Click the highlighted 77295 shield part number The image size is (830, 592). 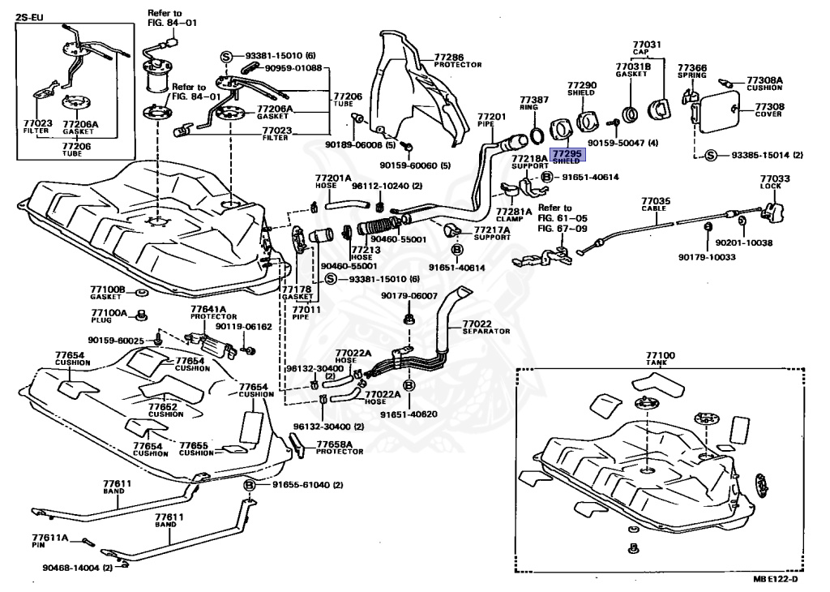coord(567,152)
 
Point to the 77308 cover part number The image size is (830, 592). coord(769,105)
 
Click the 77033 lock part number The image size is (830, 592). coord(773,178)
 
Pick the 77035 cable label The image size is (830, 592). coord(656,200)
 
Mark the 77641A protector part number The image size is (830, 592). coord(208,309)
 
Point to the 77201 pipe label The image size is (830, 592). coord(491,116)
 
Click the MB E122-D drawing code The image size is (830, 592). coord(774,577)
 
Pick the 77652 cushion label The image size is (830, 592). coord(163,406)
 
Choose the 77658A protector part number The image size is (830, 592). coord(334,444)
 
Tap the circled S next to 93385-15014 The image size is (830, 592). coord(711,155)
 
